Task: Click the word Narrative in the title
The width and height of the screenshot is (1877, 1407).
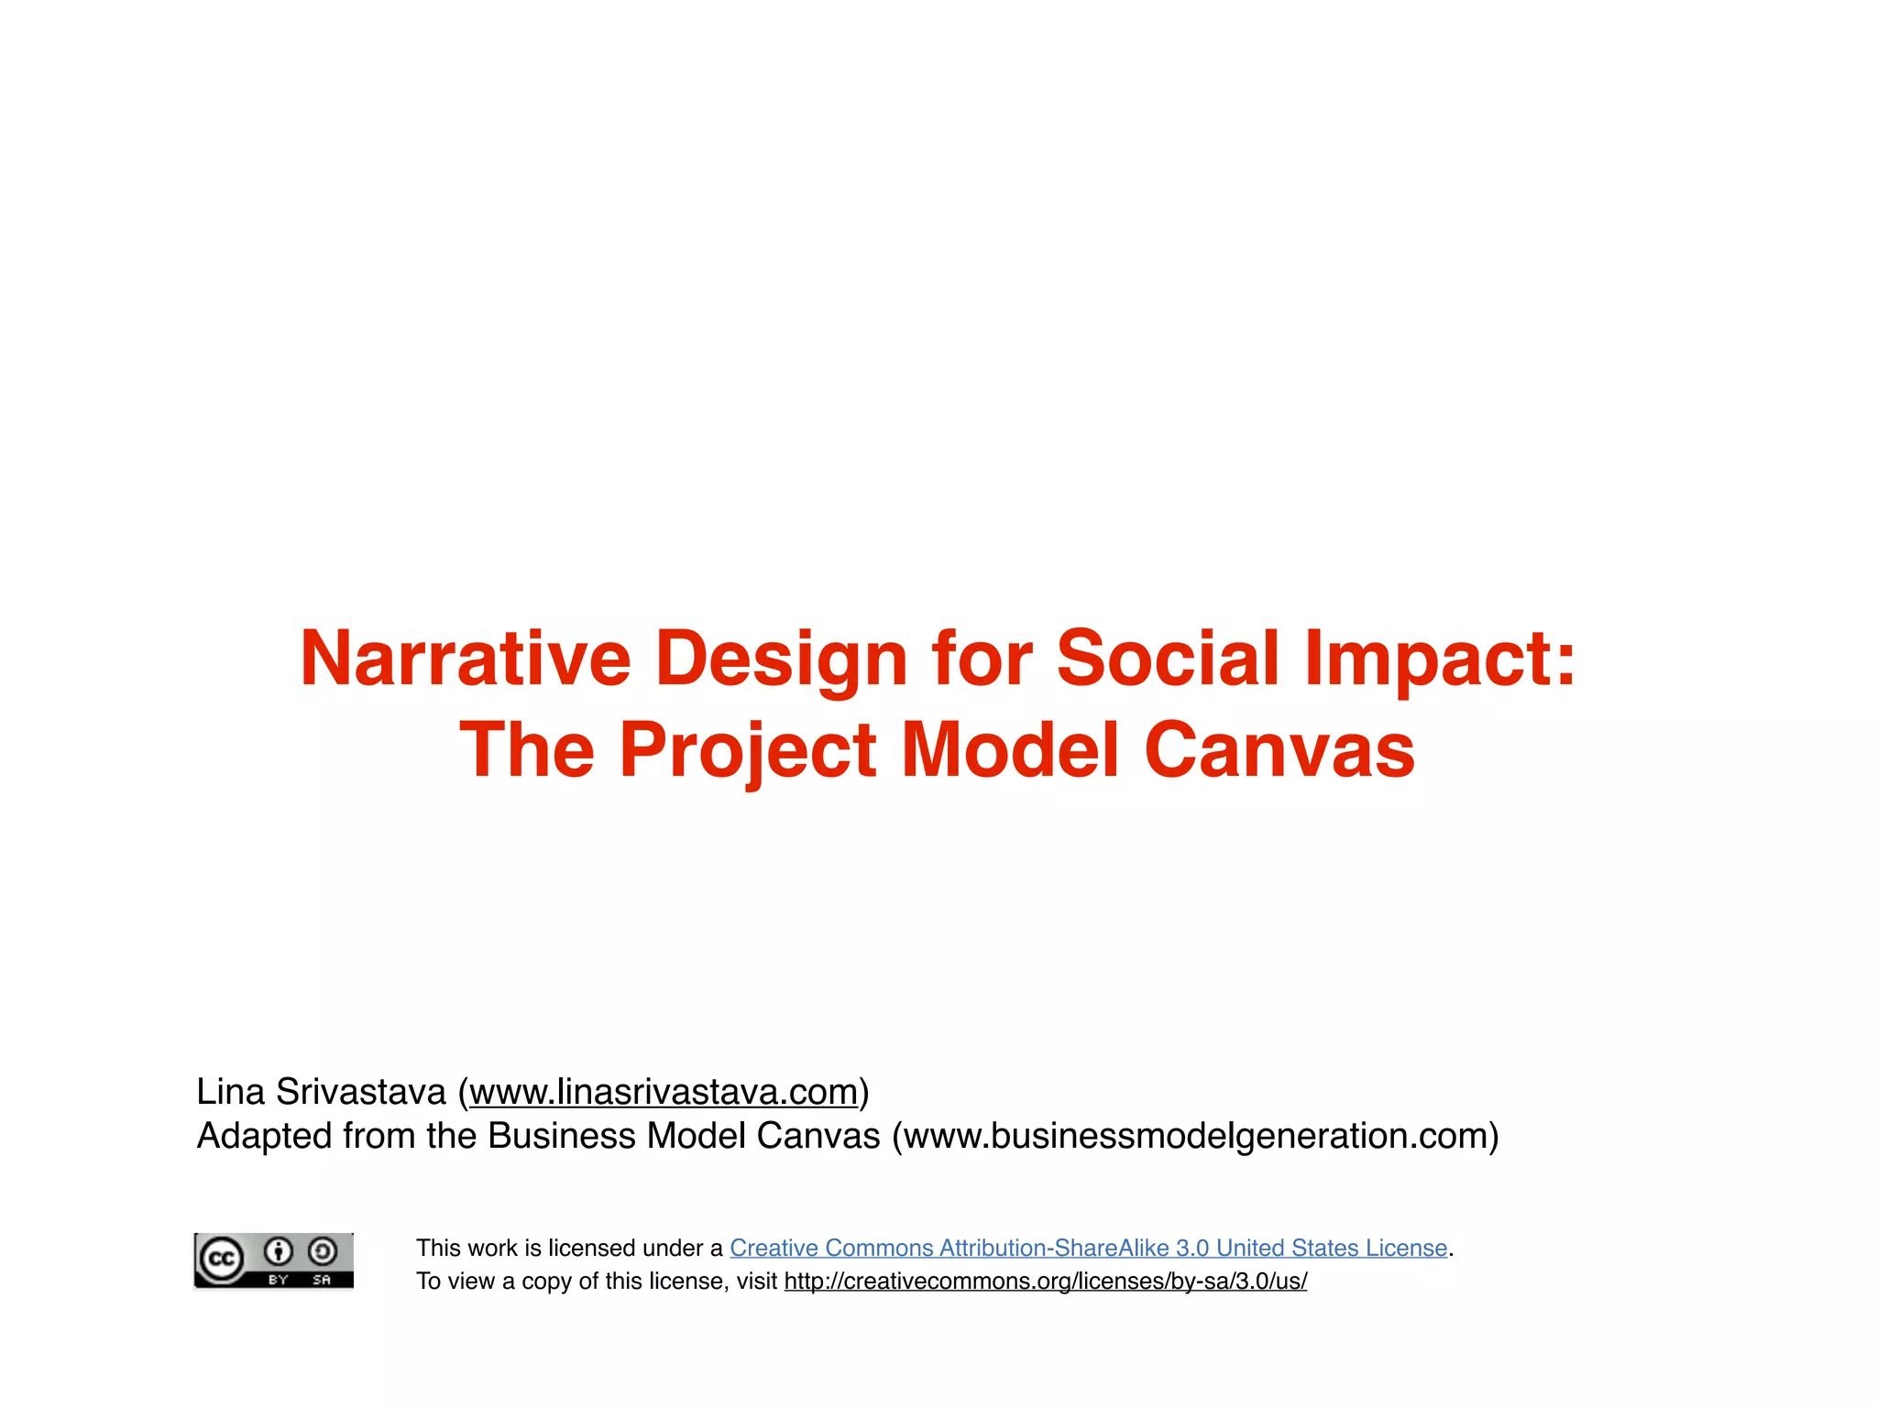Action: point(466,659)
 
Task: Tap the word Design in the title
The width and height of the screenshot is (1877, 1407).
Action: point(781,659)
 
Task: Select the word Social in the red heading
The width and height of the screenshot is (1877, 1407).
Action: point(1168,659)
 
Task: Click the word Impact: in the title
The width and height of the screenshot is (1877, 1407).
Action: point(1440,659)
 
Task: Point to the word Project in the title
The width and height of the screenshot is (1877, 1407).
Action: point(747,750)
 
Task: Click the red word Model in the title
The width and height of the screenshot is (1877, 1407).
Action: point(1010,750)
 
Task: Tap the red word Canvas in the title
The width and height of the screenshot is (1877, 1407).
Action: point(1279,750)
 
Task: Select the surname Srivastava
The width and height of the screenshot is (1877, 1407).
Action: point(360,1092)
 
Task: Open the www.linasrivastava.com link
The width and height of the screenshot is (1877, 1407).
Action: point(664,1092)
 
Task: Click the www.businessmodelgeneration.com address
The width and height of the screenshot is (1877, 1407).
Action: point(1195,1136)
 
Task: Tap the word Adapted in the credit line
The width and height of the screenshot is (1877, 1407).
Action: point(264,1136)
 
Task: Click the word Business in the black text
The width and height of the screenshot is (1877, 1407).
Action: point(562,1136)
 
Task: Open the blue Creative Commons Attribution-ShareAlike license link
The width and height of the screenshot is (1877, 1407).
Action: point(1088,1248)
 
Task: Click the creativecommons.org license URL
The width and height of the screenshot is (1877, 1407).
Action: point(1046,1281)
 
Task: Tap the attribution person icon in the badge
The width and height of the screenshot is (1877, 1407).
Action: point(279,1251)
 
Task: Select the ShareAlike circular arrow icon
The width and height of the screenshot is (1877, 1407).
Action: point(322,1251)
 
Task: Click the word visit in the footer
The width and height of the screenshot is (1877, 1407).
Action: point(756,1281)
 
